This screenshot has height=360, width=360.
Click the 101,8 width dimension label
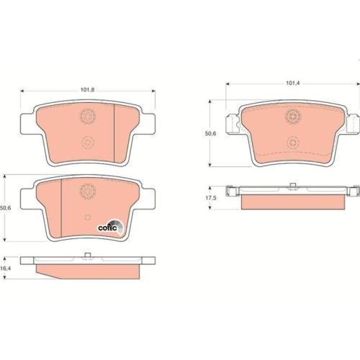pyautogui.click(x=87, y=90)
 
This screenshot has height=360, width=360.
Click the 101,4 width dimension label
pyautogui.click(x=292, y=84)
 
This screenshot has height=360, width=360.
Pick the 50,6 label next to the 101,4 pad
pyautogui.click(x=210, y=133)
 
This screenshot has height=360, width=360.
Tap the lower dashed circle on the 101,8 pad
pyautogui.click(x=87, y=141)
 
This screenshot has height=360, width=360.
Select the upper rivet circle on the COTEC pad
pyautogui.click(x=88, y=190)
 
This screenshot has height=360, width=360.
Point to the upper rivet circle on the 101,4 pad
pyautogui.click(x=292, y=116)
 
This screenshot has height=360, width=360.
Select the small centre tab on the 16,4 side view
pyautogui.click(x=87, y=255)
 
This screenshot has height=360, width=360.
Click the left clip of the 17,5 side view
pyautogui.click(x=232, y=192)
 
